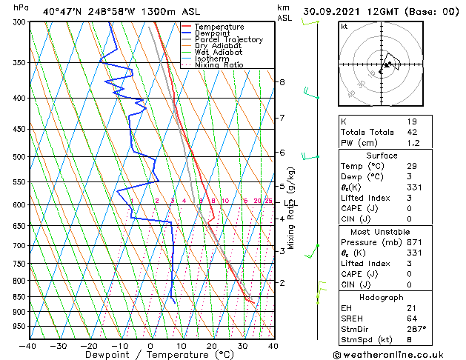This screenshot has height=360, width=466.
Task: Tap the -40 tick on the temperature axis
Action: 28,345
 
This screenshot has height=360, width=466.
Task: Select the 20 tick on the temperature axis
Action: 212,345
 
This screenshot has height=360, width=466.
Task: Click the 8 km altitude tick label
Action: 282,81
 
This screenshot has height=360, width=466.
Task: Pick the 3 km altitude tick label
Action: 282,251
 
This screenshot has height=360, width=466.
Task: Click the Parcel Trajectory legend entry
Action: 228,40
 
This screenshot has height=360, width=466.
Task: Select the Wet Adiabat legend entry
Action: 219,53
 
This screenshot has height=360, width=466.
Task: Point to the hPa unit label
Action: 21,7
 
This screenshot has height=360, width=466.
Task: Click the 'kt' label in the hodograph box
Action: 344,27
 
